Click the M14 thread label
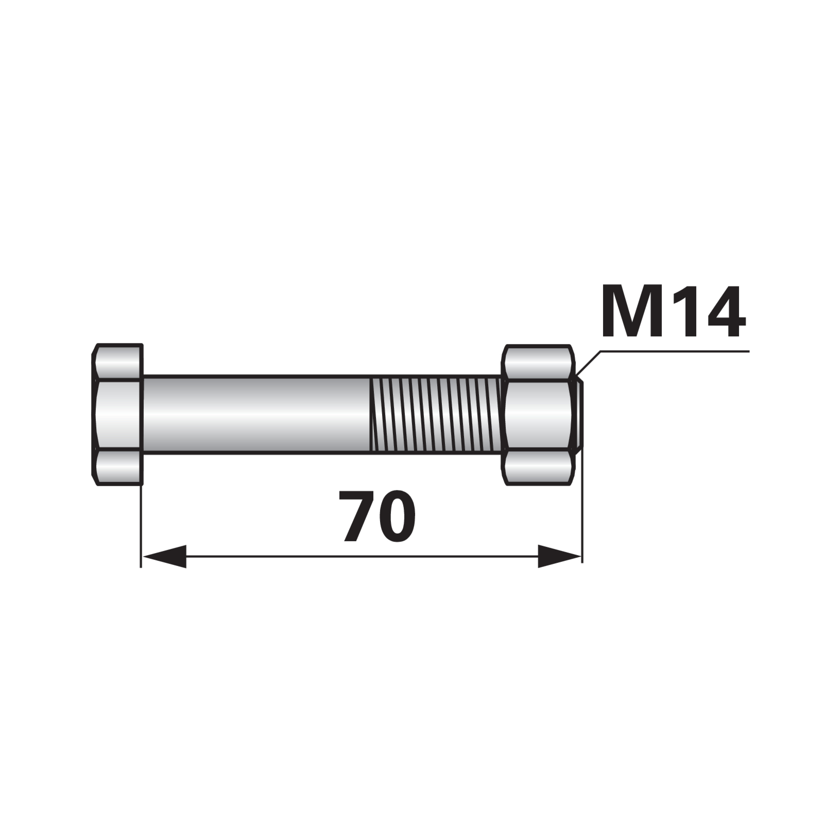673,312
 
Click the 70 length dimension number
377,516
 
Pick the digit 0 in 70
396,516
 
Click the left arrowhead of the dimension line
164,556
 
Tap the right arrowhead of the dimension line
560,556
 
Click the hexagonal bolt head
117,415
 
